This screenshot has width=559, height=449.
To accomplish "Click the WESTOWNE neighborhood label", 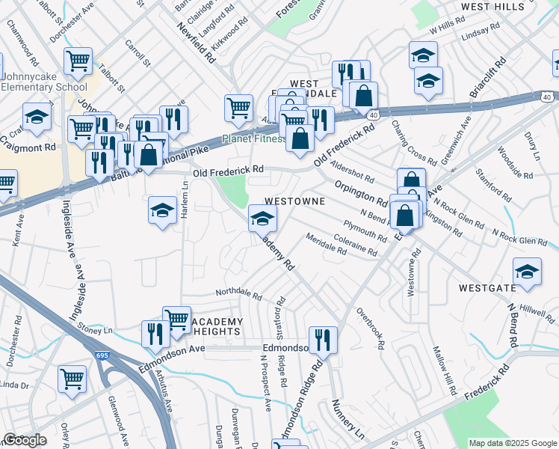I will (x=294, y=202).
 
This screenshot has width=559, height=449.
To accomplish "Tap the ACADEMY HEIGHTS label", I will (x=218, y=327).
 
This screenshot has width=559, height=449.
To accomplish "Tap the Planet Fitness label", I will (x=253, y=138).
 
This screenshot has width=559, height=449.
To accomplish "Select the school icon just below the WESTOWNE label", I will (x=263, y=219).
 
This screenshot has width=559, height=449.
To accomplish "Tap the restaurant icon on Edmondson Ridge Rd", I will (x=323, y=340).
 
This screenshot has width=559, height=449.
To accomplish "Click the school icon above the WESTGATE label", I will (x=527, y=272).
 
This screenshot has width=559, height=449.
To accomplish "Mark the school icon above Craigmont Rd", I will (x=37, y=116).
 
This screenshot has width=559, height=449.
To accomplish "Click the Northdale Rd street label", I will (x=238, y=296).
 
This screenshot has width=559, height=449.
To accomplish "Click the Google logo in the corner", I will (x=25, y=440).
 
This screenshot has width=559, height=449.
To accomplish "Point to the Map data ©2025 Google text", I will (x=512, y=443).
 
